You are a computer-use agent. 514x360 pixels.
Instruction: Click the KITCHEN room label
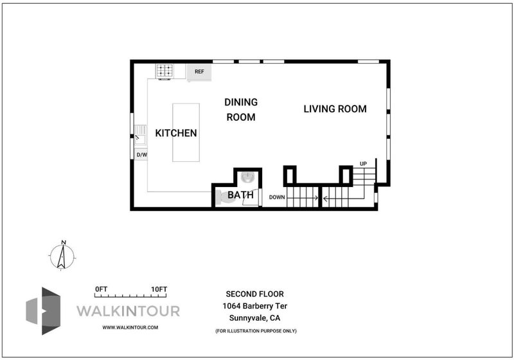(x=176, y=133)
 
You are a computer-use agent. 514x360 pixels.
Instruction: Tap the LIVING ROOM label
(x=335, y=109)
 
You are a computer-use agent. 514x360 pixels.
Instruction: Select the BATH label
(x=240, y=195)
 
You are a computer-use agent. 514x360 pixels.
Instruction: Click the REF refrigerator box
(x=199, y=73)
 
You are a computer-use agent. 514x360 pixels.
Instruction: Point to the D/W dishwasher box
(x=141, y=154)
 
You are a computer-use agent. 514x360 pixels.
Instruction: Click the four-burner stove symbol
(x=164, y=71)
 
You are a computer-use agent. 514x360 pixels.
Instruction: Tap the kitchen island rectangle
(x=186, y=132)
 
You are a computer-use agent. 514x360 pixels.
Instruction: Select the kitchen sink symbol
(x=140, y=135)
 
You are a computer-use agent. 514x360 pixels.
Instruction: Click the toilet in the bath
(x=224, y=197)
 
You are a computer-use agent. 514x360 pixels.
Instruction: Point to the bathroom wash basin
(x=247, y=177)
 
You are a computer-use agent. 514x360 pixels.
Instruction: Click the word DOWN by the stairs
(x=277, y=197)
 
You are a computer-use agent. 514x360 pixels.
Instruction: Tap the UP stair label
(x=363, y=163)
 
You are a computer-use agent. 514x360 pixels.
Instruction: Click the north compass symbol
(x=62, y=256)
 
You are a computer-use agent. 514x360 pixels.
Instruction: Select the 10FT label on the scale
(x=159, y=289)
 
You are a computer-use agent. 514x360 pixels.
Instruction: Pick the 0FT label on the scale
(x=101, y=289)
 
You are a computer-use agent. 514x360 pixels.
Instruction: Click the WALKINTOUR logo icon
(x=44, y=310)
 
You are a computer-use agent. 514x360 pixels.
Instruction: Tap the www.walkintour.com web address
(x=130, y=327)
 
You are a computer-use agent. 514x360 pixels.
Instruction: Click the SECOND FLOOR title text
(x=254, y=294)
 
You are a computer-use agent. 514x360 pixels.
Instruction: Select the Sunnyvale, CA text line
(x=254, y=318)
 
